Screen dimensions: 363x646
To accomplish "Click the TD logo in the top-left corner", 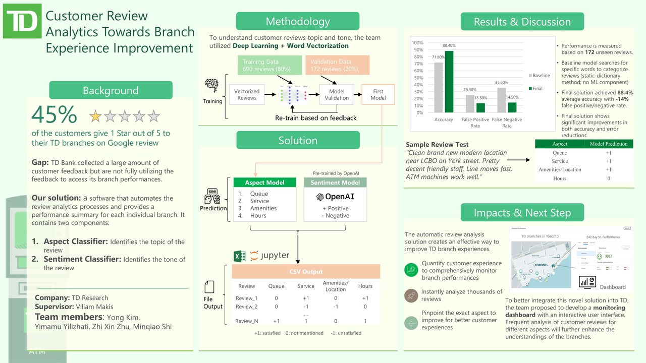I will click(22, 21).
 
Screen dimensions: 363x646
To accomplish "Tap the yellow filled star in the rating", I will click(95, 117).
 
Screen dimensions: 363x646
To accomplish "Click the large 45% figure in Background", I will click(54, 115).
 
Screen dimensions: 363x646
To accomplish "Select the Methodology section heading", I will click(298, 22).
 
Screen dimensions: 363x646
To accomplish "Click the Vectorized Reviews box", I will click(247, 95).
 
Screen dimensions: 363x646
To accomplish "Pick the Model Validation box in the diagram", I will click(337, 95).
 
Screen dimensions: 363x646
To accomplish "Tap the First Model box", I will click(378, 95).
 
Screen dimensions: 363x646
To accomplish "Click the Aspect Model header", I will click(264, 183).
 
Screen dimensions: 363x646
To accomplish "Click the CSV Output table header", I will click(305, 272).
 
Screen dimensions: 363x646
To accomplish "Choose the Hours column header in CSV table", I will click(365, 286).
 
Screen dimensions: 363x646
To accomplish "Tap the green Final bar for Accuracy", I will click(448, 82).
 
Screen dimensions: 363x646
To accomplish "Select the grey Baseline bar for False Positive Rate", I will click(469, 104).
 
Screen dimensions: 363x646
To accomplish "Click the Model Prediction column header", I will click(609, 144).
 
